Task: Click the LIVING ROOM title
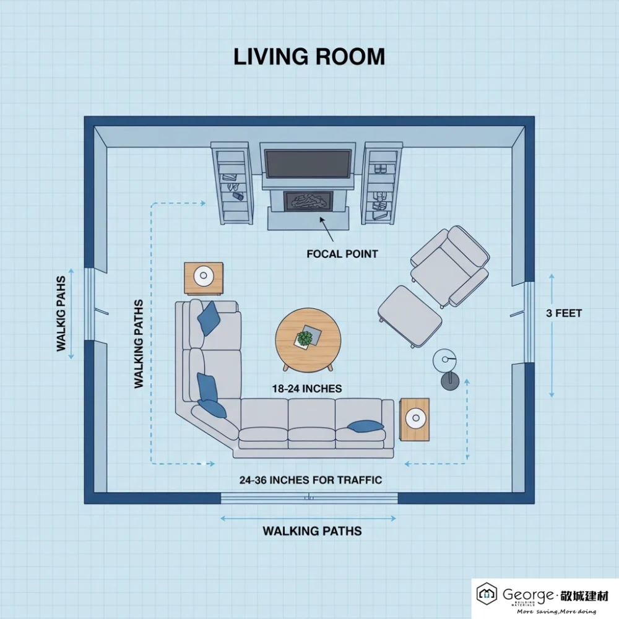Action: point(309,56)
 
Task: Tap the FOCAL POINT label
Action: point(342,253)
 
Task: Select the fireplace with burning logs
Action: point(308,202)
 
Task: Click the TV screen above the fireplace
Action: point(308,162)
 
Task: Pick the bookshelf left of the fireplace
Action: point(232,183)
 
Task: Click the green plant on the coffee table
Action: point(305,338)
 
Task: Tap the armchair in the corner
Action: point(450,266)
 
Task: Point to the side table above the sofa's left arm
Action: point(203,279)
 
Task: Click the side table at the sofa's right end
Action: point(414,419)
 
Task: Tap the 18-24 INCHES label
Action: point(307,389)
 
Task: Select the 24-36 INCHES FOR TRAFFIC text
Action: point(311,480)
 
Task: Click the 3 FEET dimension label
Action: point(563,313)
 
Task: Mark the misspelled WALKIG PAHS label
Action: point(61,314)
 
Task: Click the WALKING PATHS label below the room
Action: point(312,530)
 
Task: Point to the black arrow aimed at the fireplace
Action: point(326,229)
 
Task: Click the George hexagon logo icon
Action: point(487,594)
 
